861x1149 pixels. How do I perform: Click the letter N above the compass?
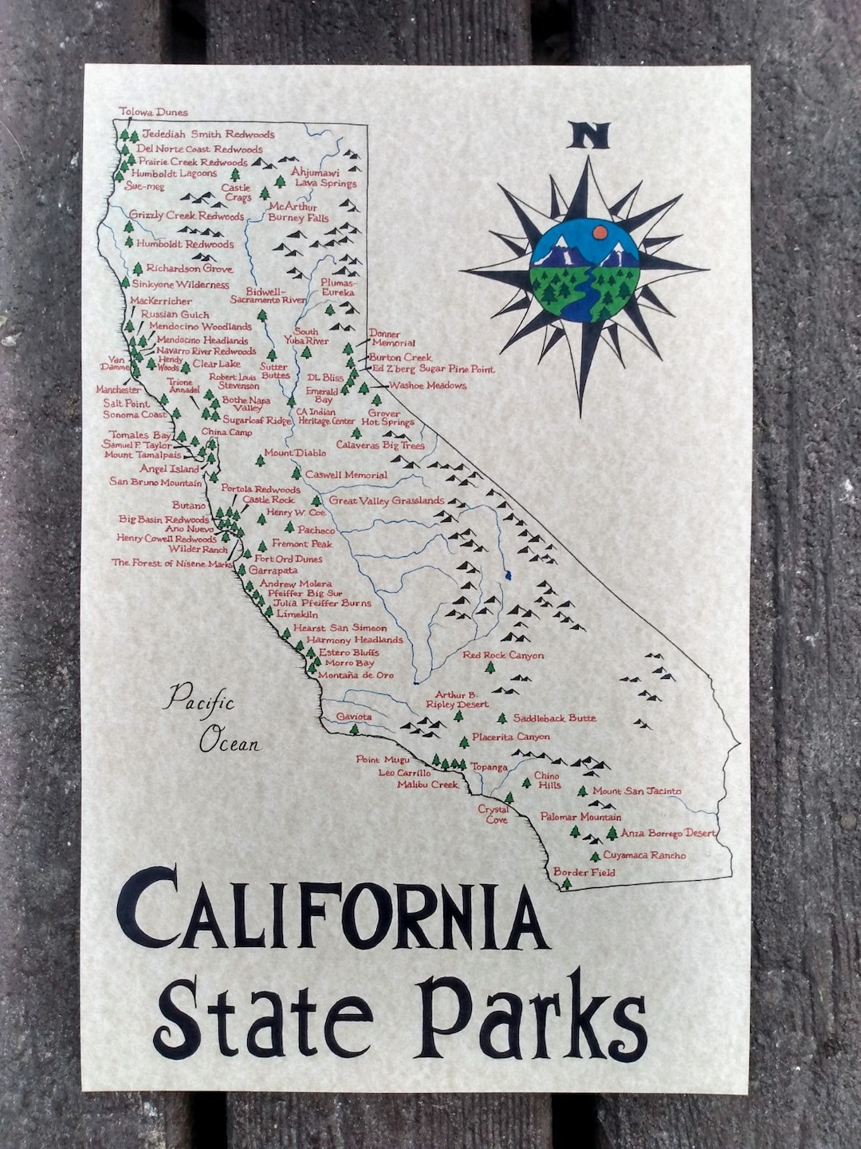click(588, 136)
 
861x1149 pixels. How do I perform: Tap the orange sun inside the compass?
click(600, 232)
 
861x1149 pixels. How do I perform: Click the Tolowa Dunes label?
click(153, 113)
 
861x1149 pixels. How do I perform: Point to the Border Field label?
click(584, 872)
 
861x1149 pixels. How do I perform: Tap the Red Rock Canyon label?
click(503, 655)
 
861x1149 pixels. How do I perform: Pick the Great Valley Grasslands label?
click(387, 501)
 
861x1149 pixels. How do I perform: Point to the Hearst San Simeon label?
click(340, 628)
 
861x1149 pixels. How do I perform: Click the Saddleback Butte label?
click(554, 718)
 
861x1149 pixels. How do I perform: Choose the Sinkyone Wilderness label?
click(180, 285)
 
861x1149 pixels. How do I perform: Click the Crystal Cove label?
click(493, 814)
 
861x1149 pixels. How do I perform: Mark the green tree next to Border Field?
click(566, 883)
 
